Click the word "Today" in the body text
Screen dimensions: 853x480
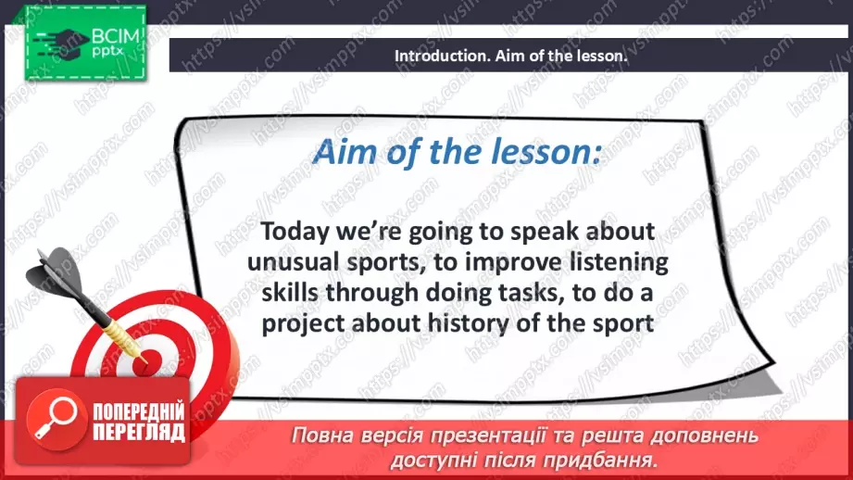(x=295, y=233)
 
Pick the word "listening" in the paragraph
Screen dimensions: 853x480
(x=619, y=263)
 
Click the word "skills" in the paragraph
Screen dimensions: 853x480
(x=290, y=293)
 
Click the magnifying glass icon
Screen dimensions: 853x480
(x=56, y=419)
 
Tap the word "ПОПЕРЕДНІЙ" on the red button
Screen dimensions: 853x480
(x=139, y=412)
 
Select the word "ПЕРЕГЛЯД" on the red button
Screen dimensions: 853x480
(x=139, y=433)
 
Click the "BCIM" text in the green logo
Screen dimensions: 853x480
(x=116, y=36)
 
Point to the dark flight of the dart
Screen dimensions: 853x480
(x=57, y=273)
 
